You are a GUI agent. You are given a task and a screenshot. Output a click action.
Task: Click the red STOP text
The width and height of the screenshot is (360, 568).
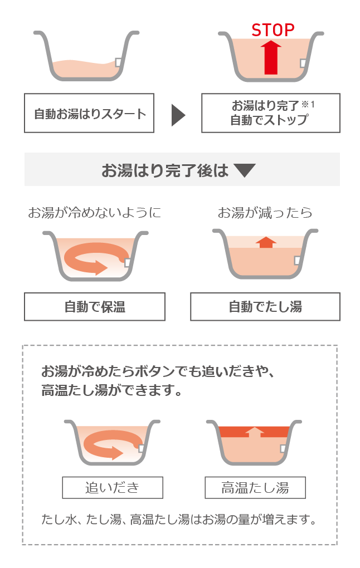click(273, 30)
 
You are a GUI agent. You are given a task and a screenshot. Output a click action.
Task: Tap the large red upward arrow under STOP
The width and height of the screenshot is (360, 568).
click(271, 57)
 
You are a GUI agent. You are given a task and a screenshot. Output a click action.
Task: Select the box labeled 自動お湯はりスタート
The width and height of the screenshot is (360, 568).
click(89, 113)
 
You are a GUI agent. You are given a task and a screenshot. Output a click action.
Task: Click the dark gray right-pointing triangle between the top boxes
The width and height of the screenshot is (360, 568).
click(178, 115)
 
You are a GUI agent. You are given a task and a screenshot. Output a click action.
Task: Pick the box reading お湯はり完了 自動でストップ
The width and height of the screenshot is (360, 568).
click(270, 113)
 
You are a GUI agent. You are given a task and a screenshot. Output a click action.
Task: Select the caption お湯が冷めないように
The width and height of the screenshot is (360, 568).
click(95, 213)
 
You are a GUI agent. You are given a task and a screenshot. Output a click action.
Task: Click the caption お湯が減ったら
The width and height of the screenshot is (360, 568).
click(265, 213)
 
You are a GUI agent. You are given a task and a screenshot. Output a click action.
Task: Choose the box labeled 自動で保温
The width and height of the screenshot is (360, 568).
click(95, 307)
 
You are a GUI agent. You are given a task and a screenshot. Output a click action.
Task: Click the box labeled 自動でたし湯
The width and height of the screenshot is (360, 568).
click(265, 307)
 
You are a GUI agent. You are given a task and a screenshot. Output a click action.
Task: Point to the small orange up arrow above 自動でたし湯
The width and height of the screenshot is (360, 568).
click(266, 242)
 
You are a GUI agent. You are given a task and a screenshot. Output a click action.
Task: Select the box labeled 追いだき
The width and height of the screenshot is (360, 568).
click(113, 488)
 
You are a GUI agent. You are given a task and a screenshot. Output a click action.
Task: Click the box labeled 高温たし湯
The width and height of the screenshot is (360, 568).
click(255, 488)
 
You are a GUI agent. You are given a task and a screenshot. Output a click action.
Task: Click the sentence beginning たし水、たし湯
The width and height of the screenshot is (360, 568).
click(179, 520)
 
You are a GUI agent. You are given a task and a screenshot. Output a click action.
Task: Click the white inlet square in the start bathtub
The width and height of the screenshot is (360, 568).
click(118, 62)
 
